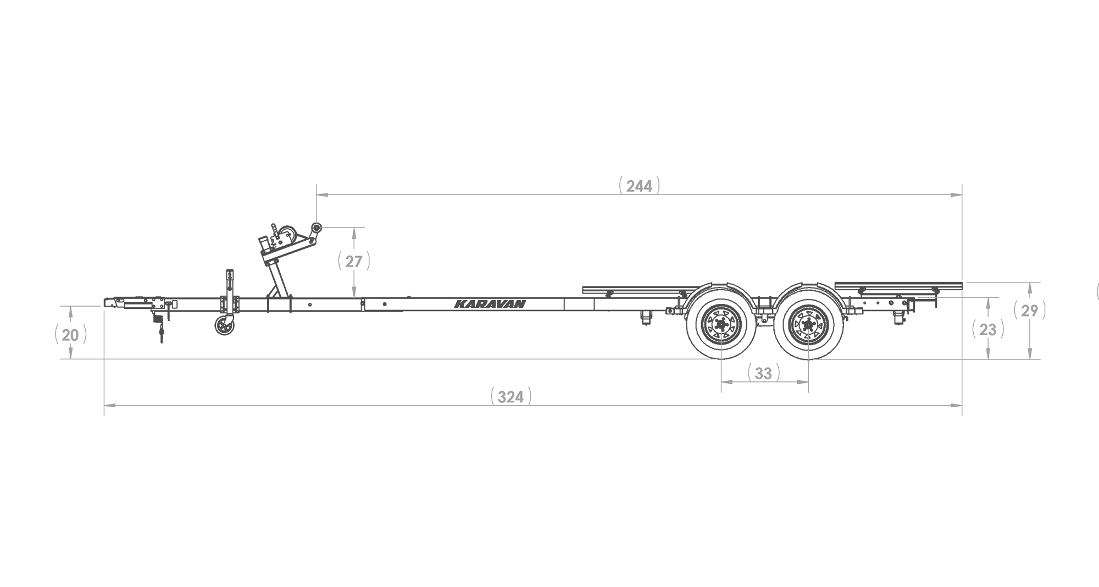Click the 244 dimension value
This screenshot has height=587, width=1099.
click(x=639, y=186)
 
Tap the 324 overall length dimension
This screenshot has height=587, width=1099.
click(x=510, y=397)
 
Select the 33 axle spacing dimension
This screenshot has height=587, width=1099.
click(x=763, y=374)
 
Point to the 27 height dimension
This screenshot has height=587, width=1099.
click(x=354, y=262)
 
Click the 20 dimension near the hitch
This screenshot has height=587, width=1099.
click(x=70, y=335)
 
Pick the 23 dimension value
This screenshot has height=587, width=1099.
click(x=987, y=330)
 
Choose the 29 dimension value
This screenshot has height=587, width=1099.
click(x=1029, y=311)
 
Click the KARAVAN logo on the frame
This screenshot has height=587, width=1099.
click(x=490, y=304)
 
